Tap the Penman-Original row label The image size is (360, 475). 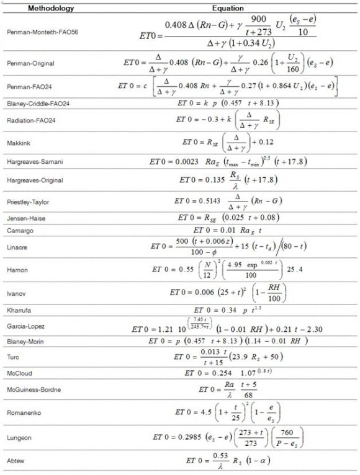[30, 63]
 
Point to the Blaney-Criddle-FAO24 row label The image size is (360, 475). [37, 103]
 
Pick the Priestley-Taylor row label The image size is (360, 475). [29, 201]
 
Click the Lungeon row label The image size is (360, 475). [20, 436]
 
